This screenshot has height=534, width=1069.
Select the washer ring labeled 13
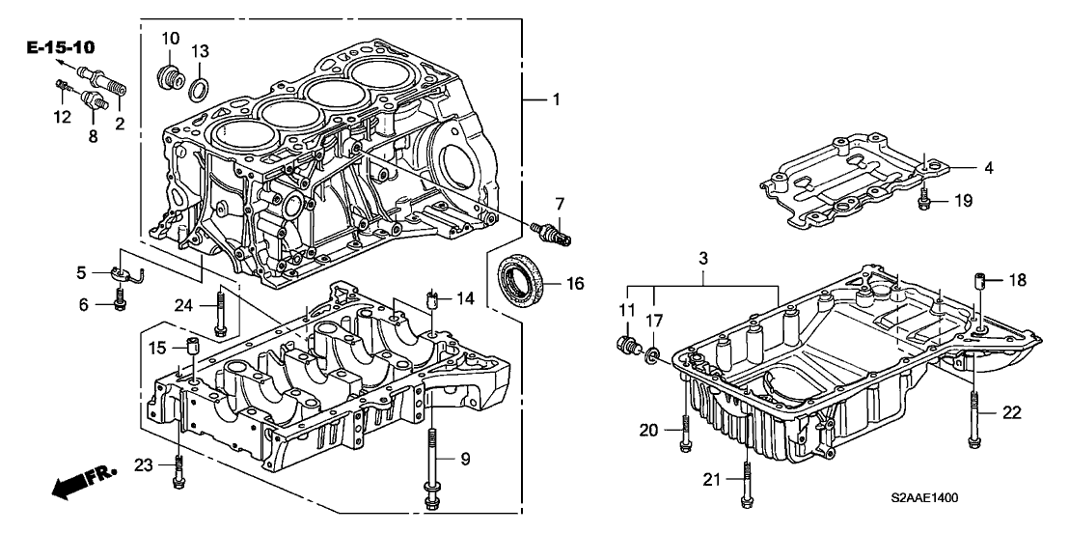198,90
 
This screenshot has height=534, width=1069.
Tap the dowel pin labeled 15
190,348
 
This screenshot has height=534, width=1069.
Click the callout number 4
961,168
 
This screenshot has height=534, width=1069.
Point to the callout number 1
554,99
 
